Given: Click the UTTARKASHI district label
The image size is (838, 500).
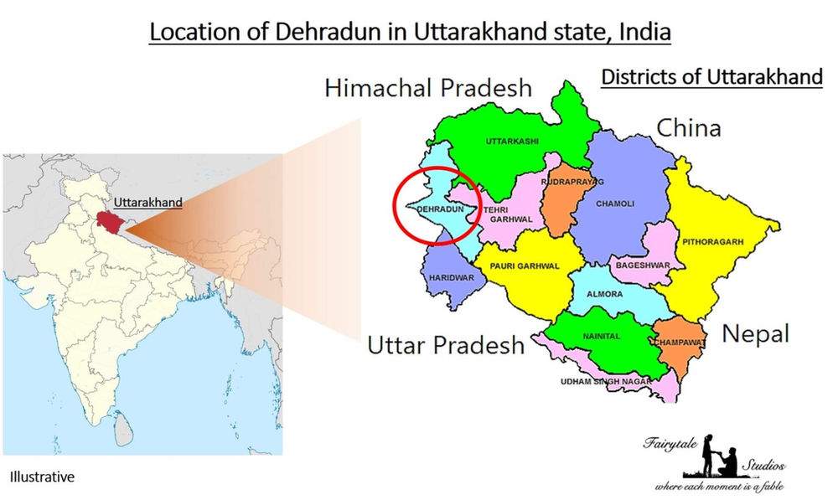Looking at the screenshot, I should [513, 142].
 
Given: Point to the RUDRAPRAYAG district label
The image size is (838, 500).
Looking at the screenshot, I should [572, 182].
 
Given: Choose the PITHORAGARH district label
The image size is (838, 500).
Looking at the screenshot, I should [712, 242].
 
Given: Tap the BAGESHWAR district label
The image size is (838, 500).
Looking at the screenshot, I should [641, 265].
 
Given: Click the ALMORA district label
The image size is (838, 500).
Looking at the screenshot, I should [607, 295].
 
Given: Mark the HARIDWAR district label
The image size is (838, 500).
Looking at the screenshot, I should [446, 277].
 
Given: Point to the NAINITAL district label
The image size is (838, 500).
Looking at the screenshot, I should [600, 336].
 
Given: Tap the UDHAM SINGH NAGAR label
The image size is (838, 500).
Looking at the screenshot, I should [601, 382].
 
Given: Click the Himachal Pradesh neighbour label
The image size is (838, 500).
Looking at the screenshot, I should [427, 88].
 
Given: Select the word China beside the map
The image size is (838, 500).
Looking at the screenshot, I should [688, 128].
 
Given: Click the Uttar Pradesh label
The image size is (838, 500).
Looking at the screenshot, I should [446, 345].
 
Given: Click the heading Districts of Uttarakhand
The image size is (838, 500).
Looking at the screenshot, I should [711, 78].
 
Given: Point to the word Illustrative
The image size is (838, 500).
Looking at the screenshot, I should [42, 477].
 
